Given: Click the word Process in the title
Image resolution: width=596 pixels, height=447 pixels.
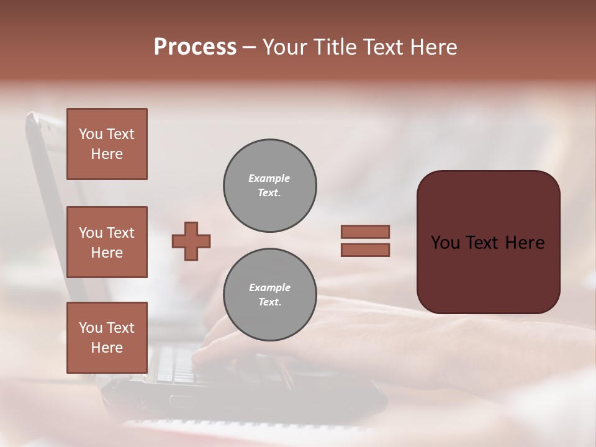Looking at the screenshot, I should coord(195,47).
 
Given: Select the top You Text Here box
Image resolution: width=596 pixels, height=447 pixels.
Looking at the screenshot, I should coord(107,144).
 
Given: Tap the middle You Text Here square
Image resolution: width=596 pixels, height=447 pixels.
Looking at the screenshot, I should coord(107,242).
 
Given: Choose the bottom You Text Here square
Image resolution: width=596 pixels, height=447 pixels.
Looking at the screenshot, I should coord(107,338).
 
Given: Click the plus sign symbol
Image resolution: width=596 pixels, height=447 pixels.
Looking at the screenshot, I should coord(191,241).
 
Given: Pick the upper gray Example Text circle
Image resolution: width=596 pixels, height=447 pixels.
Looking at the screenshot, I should coord(269,186).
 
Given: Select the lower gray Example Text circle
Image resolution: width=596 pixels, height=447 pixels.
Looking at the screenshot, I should coord(269,295).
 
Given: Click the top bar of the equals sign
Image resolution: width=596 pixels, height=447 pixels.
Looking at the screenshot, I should coord(365,232).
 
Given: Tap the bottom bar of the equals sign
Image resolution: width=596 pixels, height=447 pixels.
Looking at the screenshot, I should coord(365,250).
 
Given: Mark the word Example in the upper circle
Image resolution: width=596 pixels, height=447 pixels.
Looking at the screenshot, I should coord(269,178).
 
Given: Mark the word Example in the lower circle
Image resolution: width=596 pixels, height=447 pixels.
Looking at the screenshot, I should coord(269,287).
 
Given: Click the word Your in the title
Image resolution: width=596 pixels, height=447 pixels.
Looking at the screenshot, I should coord(283,47).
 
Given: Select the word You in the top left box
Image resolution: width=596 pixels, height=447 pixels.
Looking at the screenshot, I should coord(91,134).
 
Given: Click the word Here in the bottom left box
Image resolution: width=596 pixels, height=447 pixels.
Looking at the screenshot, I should coord(107,348).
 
